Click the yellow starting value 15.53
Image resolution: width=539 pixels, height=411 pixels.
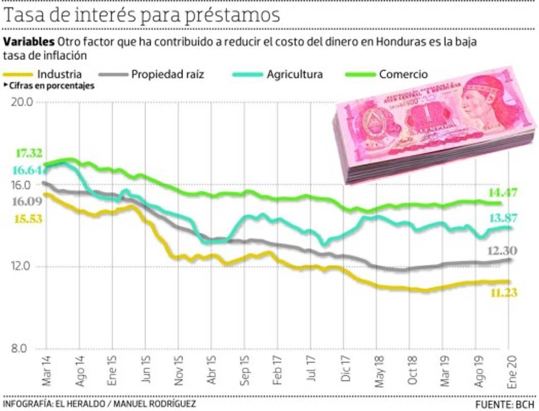tap(28, 219)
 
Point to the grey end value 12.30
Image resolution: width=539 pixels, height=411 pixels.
tap(502, 251)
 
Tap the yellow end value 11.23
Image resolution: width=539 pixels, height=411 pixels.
tap(504, 293)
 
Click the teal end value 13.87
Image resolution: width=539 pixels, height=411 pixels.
tap(504, 218)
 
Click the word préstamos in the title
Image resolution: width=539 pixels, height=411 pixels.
tap(232, 15)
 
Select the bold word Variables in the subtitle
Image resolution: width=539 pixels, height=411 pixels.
tap(29, 42)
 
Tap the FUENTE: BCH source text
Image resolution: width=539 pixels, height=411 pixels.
tap(504, 405)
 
